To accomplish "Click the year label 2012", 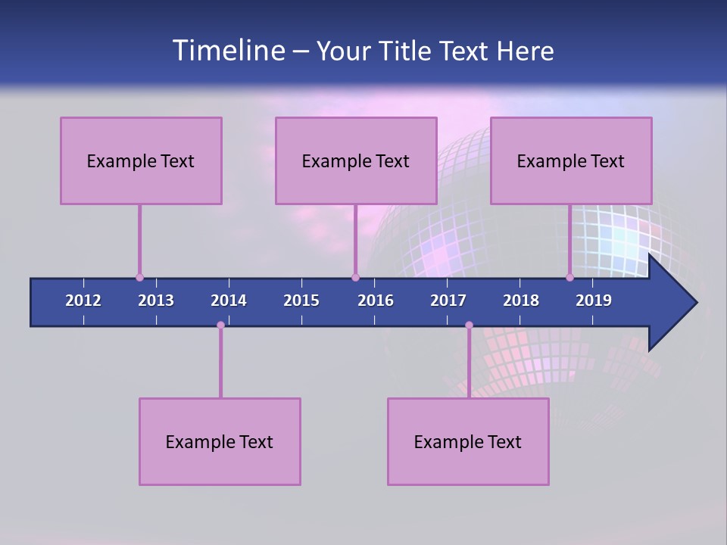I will [83, 301].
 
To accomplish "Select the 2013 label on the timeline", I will [156, 301].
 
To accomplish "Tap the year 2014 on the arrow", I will [229, 301].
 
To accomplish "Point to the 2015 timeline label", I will [301, 301].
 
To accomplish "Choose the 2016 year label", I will [376, 301].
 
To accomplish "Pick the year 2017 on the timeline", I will [448, 301].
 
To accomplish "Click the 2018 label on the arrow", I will [521, 301].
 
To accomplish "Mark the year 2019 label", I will [594, 301].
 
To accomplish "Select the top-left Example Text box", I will [141, 160].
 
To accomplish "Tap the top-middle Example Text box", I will [356, 160].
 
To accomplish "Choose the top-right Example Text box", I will [571, 160].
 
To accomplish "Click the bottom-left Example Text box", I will [220, 441].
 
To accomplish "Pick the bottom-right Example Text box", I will [468, 441].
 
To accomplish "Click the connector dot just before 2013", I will [139, 278].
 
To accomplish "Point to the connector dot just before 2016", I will [355, 278].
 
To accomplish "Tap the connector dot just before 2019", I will [569, 278].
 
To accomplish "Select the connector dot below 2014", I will [220, 325].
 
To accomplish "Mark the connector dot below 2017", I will [469, 325].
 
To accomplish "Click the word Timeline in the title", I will [228, 51].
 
